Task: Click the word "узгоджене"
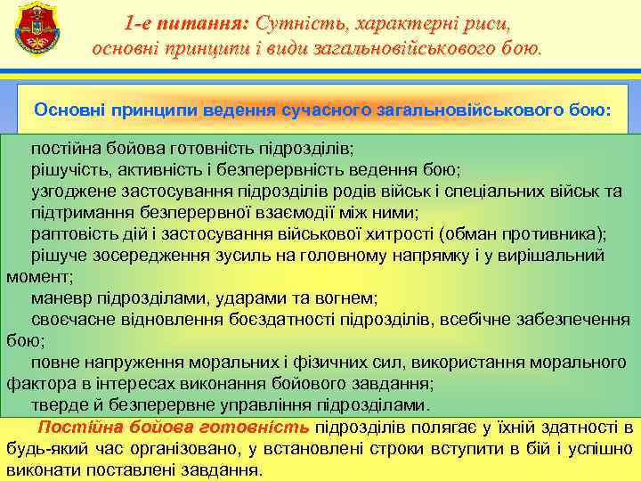click(73, 191)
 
